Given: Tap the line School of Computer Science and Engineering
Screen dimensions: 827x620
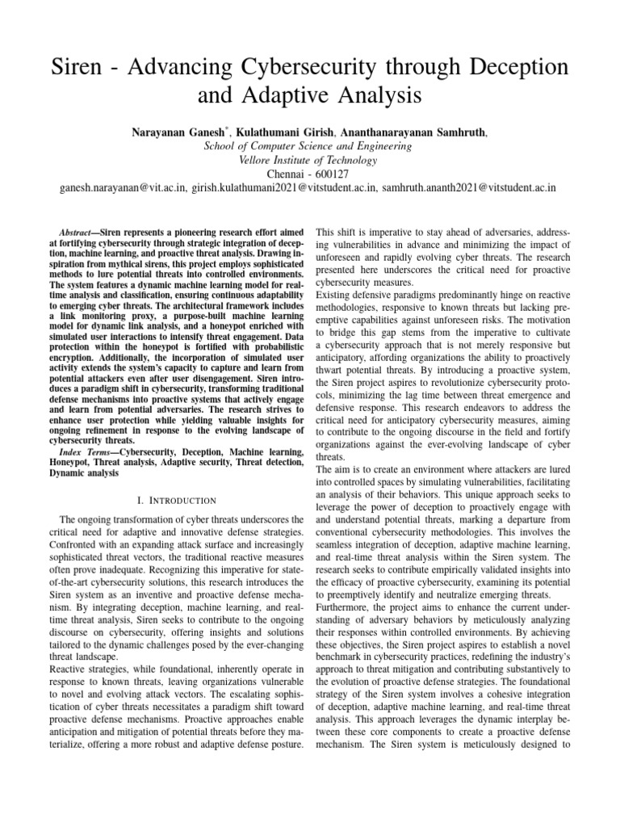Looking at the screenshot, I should [310, 145].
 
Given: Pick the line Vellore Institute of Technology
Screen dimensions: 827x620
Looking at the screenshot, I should [310, 160].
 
